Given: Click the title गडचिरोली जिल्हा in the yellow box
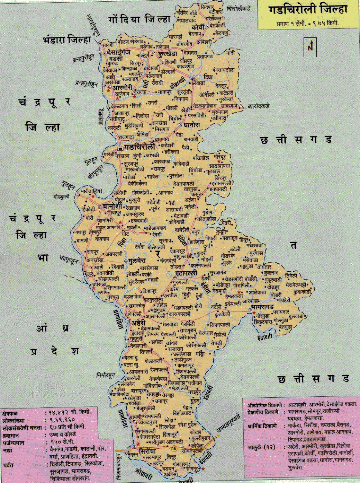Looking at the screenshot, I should tap(307, 10).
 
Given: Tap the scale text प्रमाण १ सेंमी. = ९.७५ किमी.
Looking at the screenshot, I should tap(307, 24).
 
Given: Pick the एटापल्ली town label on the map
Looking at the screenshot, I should tap(186, 273).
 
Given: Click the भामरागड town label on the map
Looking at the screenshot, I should tap(262, 307).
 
